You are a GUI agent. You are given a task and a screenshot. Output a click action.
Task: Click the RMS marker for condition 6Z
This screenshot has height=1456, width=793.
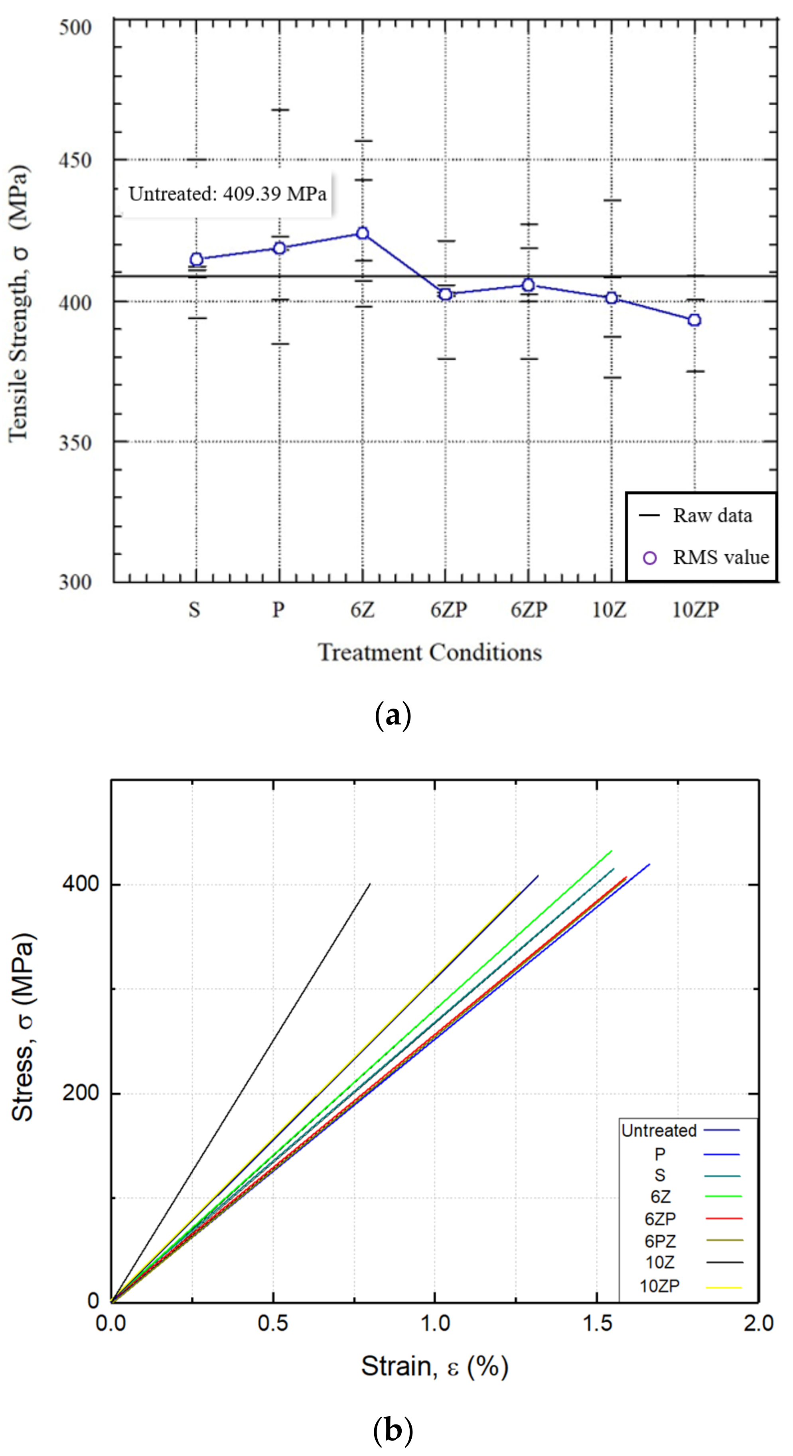[362, 233]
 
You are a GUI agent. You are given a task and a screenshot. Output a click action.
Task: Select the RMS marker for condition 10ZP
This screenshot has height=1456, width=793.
[694, 320]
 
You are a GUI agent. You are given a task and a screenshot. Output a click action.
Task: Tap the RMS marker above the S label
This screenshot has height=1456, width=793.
[196, 259]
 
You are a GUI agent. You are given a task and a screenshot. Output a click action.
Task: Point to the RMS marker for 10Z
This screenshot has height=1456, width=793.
[611, 298]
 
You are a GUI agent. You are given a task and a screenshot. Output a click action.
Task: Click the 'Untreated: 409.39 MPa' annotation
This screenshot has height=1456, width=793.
[227, 194]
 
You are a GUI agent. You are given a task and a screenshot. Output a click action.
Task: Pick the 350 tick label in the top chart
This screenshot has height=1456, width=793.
[75, 443]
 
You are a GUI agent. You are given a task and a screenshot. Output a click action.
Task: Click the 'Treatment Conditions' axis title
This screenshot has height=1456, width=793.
[430, 653]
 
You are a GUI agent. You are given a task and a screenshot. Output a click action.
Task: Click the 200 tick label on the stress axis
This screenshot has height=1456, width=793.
[80, 1093]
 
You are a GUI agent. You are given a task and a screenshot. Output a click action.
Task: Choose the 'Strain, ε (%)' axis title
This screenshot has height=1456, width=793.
[434, 1367]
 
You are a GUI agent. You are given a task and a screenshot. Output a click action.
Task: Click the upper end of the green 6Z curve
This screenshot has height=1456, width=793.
[612, 851]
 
